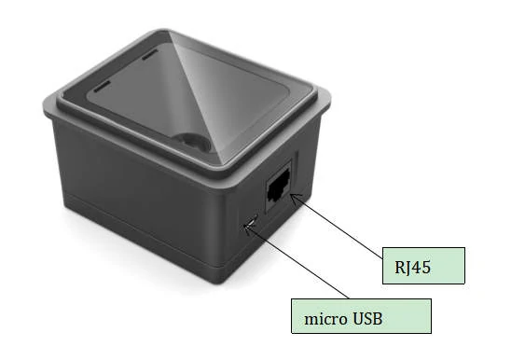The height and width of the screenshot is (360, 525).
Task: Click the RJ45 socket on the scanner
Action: tap(278, 187)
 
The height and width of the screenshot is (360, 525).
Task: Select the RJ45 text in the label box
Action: tap(412, 268)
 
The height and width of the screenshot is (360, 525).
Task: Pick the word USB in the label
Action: tap(367, 318)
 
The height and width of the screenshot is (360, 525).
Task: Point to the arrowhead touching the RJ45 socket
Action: tap(295, 198)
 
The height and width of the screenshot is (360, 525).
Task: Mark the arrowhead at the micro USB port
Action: tap(248, 228)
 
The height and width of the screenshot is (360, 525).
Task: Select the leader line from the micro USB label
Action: tap(297, 262)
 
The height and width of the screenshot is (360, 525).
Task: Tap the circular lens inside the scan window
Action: tap(193, 142)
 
